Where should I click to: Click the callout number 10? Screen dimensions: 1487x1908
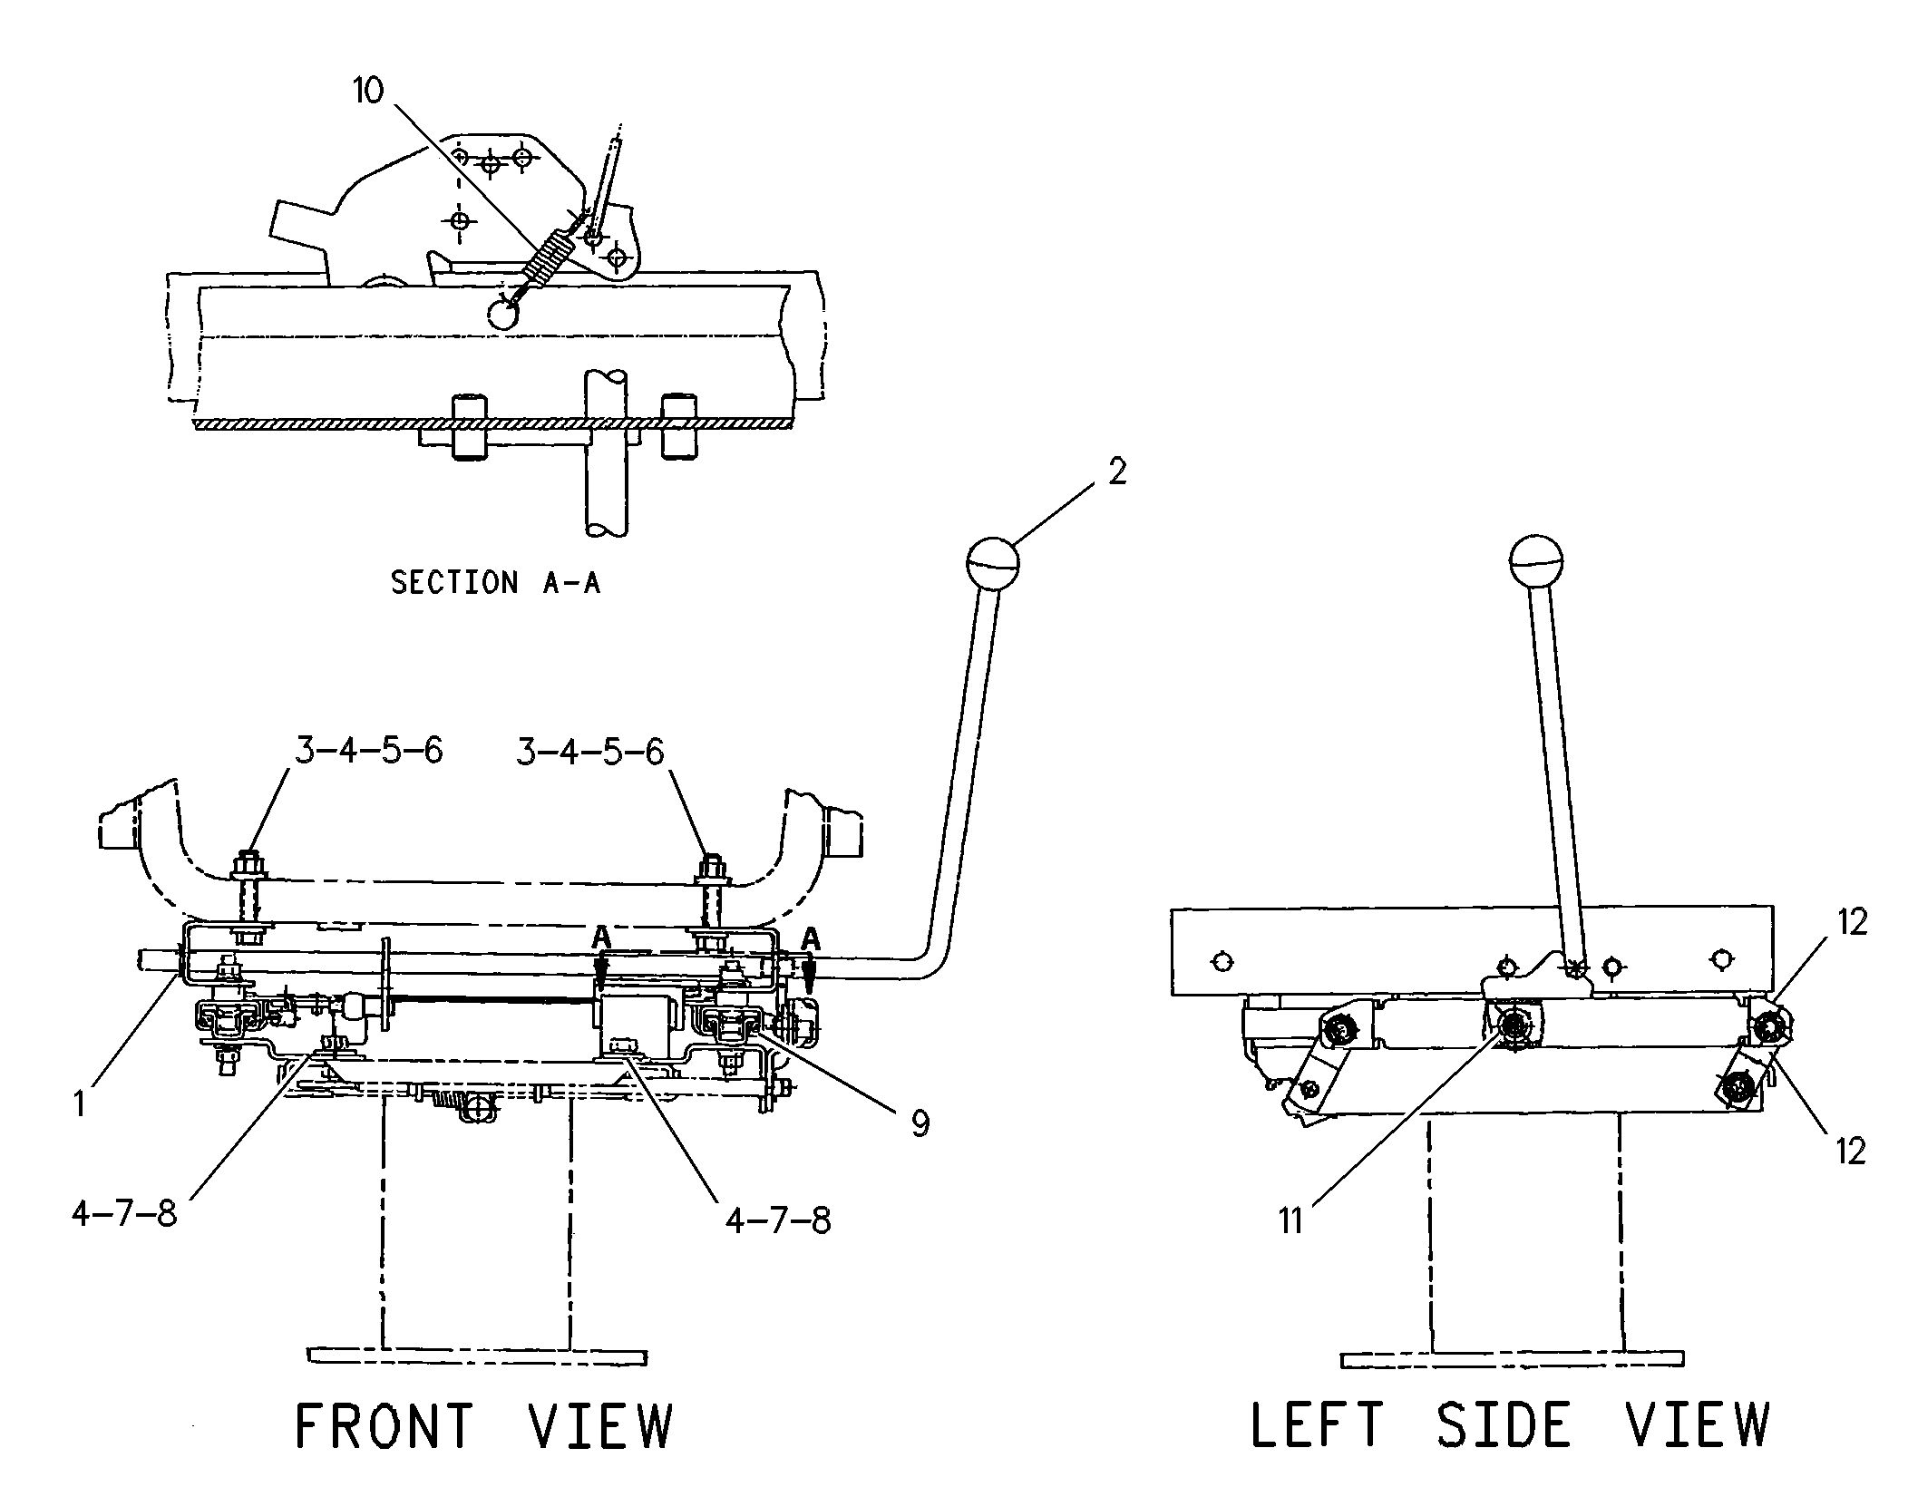click(368, 91)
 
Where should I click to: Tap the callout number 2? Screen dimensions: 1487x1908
click(1117, 471)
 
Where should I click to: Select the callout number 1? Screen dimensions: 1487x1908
click(80, 1103)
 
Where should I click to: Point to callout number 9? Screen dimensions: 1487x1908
click(920, 1124)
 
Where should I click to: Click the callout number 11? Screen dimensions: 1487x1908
click(1290, 1221)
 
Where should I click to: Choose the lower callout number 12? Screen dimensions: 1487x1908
click(1850, 1152)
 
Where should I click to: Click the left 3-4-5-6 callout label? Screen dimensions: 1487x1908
click(368, 752)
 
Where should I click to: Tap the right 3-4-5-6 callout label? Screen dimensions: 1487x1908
click(589, 752)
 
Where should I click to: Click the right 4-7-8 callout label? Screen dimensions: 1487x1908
click(777, 1220)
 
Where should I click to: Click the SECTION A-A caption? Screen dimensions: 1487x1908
click(495, 582)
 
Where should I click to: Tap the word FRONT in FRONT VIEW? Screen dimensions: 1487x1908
click(385, 1425)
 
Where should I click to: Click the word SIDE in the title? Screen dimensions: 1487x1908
click(1503, 1425)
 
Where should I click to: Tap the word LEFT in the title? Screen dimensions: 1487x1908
click(1317, 1425)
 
